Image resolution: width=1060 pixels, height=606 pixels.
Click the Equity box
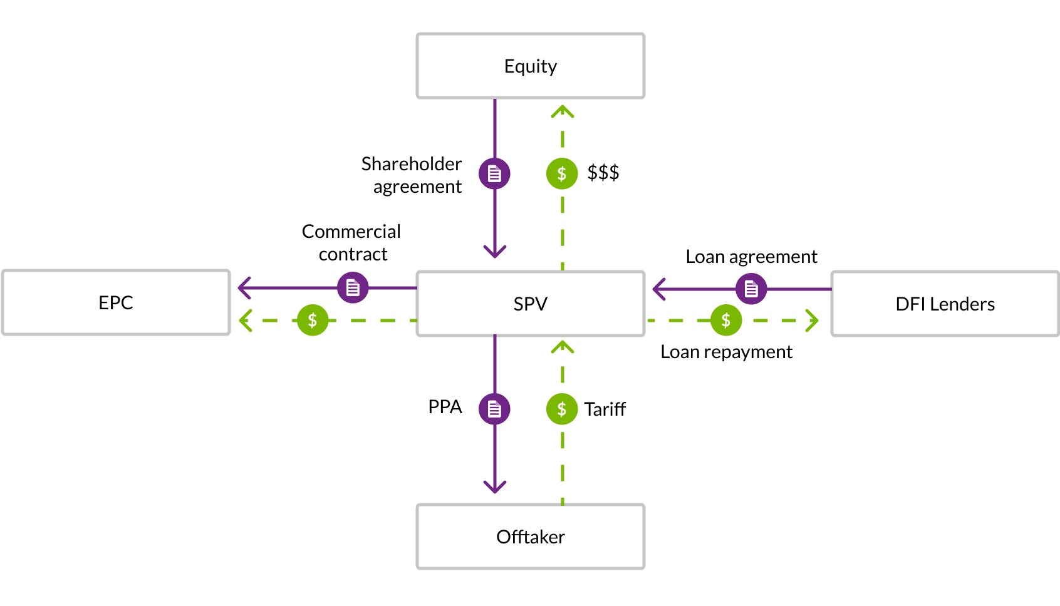tap(530, 66)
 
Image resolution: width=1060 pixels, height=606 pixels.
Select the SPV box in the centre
tap(530, 304)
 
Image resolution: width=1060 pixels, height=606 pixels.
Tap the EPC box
tap(116, 302)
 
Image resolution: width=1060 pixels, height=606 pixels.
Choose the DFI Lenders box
tap(945, 304)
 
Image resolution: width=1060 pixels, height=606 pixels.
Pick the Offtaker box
tap(530, 537)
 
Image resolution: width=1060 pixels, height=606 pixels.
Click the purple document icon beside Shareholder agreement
tap(494, 173)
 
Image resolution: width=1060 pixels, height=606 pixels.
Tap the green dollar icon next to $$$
tap(562, 173)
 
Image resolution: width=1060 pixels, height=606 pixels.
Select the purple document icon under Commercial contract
tap(353, 288)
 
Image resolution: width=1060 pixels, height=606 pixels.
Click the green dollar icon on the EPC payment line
tap(313, 321)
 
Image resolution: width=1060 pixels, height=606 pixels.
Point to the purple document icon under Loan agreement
tap(751, 289)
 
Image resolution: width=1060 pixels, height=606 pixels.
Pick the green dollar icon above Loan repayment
tap(726, 321)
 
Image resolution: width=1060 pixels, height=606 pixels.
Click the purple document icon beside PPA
tap(494, 409)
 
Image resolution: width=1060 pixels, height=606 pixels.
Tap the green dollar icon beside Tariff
tap(562, 409)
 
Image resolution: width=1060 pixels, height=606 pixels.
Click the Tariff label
tap(605, 409)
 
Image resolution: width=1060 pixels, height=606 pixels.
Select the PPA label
tap(445, 407)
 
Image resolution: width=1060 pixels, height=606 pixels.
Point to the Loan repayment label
tap(726, 352)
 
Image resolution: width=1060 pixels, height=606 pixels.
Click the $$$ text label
tap(603, 172)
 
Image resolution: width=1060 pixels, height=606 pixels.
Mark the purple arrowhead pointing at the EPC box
tap(242, 288)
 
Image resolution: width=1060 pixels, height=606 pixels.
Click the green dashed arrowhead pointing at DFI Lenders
tap(813, 321)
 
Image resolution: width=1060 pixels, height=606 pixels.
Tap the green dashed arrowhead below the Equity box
tap(563, 111)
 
